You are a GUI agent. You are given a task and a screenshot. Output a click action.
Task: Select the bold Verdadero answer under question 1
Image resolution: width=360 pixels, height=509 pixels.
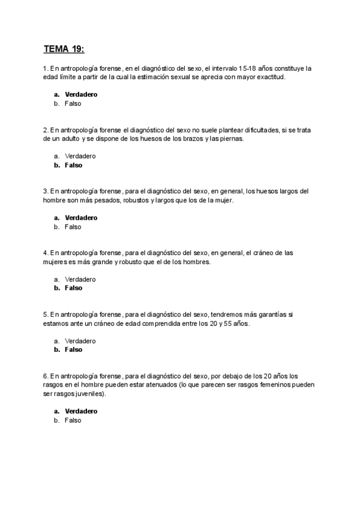[80, 94]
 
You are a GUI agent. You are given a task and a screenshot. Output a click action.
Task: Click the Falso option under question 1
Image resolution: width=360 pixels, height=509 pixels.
[73, 103]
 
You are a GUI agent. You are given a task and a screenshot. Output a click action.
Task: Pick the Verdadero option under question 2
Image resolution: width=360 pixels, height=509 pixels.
[80, 156]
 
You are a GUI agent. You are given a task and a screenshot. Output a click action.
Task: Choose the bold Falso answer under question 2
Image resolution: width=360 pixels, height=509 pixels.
[73, 165]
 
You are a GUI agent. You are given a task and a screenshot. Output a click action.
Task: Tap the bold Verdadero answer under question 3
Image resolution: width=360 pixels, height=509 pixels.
[80, 218]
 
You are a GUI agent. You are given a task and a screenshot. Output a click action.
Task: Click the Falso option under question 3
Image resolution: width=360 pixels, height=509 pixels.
[73, 227]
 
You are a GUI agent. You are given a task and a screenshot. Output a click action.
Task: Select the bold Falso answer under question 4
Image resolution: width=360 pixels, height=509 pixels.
[73, 288]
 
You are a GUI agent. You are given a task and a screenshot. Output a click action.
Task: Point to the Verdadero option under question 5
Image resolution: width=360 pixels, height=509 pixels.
[80, 341]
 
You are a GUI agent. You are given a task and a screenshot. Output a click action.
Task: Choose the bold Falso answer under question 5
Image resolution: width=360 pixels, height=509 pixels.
[73, 350]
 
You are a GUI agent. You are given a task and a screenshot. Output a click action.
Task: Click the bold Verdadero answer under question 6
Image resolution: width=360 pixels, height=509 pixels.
[80, 412]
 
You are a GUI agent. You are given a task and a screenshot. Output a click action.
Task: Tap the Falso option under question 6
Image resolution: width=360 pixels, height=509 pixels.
[73, 421]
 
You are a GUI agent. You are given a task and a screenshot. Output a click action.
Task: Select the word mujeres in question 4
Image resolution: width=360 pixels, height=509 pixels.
[56, 262]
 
